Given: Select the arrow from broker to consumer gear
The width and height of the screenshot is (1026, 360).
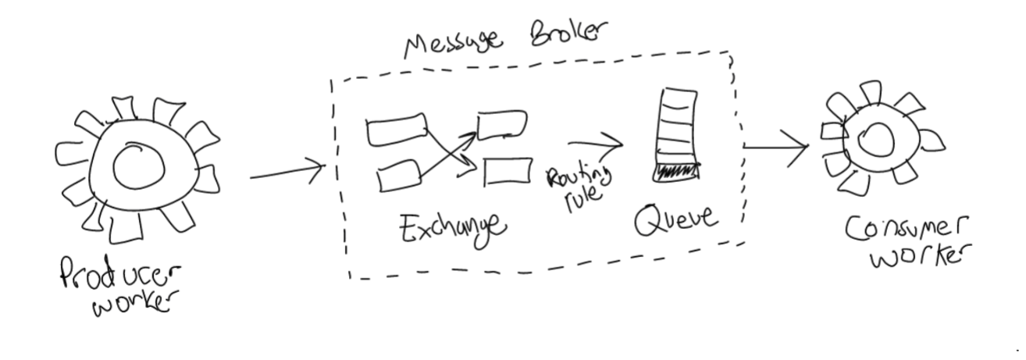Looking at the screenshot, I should [x=776, y=148].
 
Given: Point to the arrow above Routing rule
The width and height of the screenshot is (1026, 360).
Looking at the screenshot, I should [x=595, y=144].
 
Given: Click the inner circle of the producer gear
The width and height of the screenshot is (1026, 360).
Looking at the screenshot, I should [x=137, y=166].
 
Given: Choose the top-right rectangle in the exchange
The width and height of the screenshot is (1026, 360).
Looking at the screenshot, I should [x=501, y=123].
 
